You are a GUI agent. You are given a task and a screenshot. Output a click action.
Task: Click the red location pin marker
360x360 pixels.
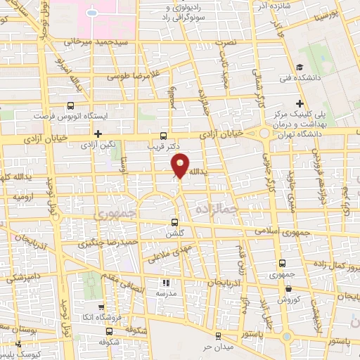[180, 166]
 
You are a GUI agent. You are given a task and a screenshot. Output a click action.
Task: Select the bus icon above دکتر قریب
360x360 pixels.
[164, 136]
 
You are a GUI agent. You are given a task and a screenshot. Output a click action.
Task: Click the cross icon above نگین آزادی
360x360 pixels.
[98, 133]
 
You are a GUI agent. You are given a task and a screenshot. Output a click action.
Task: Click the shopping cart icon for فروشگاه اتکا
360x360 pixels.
[102, 307]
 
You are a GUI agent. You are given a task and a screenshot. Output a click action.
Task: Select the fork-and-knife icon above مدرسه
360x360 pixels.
[166, 282]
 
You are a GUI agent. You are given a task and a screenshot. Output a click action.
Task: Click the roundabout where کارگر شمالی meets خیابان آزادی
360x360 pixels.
[265, 133]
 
